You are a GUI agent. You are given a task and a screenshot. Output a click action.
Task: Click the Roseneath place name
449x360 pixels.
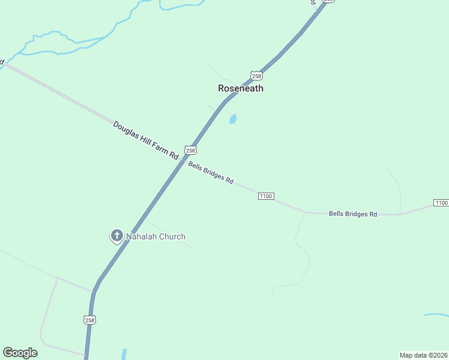tap(240, 88)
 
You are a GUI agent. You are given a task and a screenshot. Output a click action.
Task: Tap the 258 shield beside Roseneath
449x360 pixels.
tap(257, 76)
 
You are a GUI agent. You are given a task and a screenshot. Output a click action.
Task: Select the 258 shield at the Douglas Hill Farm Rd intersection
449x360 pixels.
tap(190, 150)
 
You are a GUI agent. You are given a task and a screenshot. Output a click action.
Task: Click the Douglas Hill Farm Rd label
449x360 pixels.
tap(146, 140)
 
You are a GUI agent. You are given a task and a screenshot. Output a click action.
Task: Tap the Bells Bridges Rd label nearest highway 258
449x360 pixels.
tap(211, 172)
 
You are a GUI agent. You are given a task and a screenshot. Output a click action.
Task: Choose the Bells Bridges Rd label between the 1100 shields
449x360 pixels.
tap(353, 214)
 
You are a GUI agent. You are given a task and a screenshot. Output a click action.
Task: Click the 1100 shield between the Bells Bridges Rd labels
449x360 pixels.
tap(266, 196)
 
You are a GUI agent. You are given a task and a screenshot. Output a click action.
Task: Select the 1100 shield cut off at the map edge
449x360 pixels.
tap(441, 203)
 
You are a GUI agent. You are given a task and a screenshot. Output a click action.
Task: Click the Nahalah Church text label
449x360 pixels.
tap(155, 236)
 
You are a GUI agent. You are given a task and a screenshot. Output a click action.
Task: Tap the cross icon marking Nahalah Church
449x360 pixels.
tap(116, 236)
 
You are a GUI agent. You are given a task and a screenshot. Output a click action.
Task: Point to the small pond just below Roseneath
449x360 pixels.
tap(232, 119)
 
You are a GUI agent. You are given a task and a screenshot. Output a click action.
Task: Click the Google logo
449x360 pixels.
tap(20, 353)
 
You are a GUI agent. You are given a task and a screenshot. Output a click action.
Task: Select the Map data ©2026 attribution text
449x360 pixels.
tap(423, 355)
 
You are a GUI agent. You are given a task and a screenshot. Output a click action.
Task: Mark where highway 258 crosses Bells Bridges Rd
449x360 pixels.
tap(183, 160)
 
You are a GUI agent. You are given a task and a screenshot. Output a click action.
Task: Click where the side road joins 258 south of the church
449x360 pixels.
tap(93, 292)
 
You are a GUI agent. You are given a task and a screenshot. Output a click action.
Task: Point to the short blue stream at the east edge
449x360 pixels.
tap(436, 314)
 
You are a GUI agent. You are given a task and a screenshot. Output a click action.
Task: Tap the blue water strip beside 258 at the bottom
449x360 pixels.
tap(124, 354)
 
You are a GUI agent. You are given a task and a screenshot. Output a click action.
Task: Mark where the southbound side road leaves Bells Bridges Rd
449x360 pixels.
tap(305, 212)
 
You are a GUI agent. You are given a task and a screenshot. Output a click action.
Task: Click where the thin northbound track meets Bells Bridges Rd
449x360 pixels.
tap(400, 214)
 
